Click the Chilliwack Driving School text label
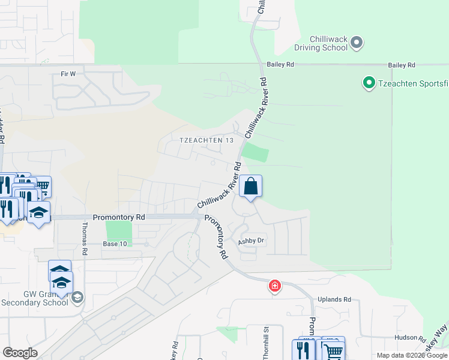321,43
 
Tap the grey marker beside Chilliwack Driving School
357,42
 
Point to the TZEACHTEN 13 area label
206,140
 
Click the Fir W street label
68,74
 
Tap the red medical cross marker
275,286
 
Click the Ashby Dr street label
251,241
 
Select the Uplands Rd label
335,299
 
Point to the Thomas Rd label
84,239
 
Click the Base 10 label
115,244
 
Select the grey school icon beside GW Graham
77,297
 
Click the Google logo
20,353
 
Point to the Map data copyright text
412,355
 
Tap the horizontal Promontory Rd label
119,217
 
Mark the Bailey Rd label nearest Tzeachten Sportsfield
402,65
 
